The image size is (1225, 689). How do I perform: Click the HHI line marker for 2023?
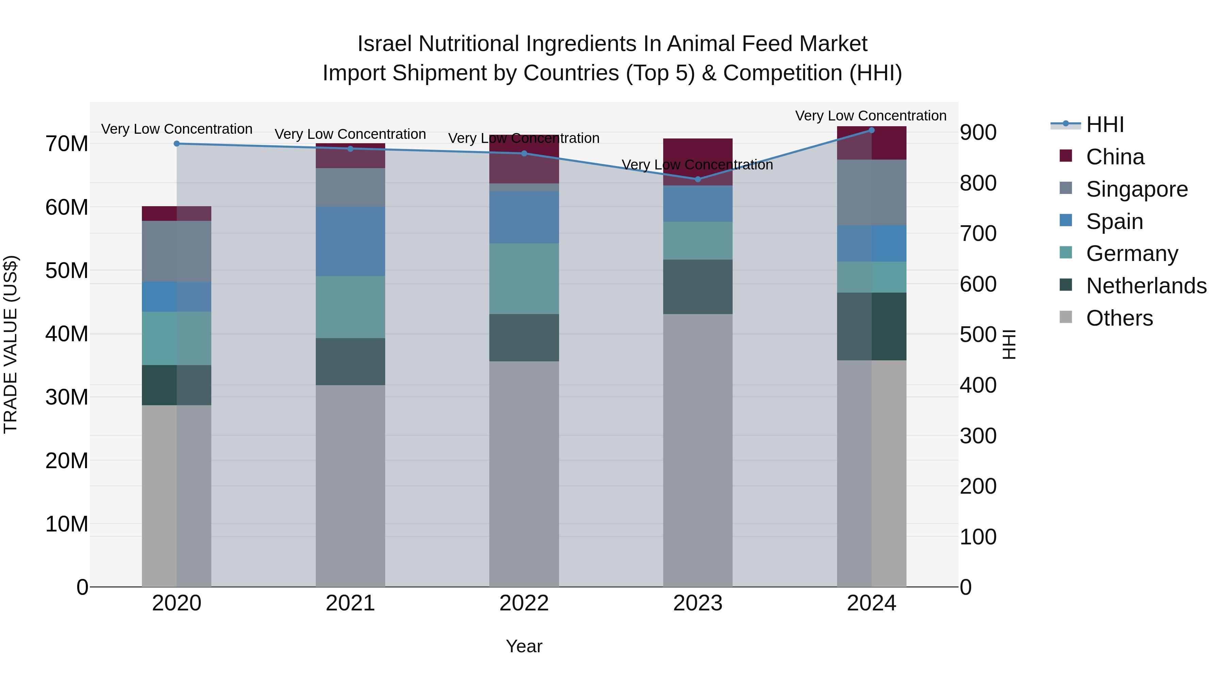(698, 179)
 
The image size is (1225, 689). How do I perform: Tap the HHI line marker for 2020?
(176, 144)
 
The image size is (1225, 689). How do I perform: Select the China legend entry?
(1115, 157)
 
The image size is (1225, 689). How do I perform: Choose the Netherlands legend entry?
(1146, 286)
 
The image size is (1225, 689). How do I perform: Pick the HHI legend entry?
(1105, 125)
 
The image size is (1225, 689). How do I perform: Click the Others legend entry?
(1120, 318)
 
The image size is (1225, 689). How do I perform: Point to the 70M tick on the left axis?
(67, 144)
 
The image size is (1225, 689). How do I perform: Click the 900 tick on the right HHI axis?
(978, 133)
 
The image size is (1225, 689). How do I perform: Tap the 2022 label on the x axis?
(524, 603)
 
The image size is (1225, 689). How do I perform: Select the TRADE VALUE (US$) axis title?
(11, 344)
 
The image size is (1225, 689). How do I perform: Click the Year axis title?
(524, 646)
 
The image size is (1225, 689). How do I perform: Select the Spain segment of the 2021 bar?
(350, 241)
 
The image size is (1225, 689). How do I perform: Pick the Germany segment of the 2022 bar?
(524, 279)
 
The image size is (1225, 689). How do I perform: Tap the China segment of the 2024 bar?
(872, 143)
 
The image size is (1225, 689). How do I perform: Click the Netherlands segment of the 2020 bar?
(176, 385)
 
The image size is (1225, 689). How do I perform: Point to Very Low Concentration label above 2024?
(871, 116)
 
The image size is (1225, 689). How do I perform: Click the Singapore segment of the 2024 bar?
(872, 193)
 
